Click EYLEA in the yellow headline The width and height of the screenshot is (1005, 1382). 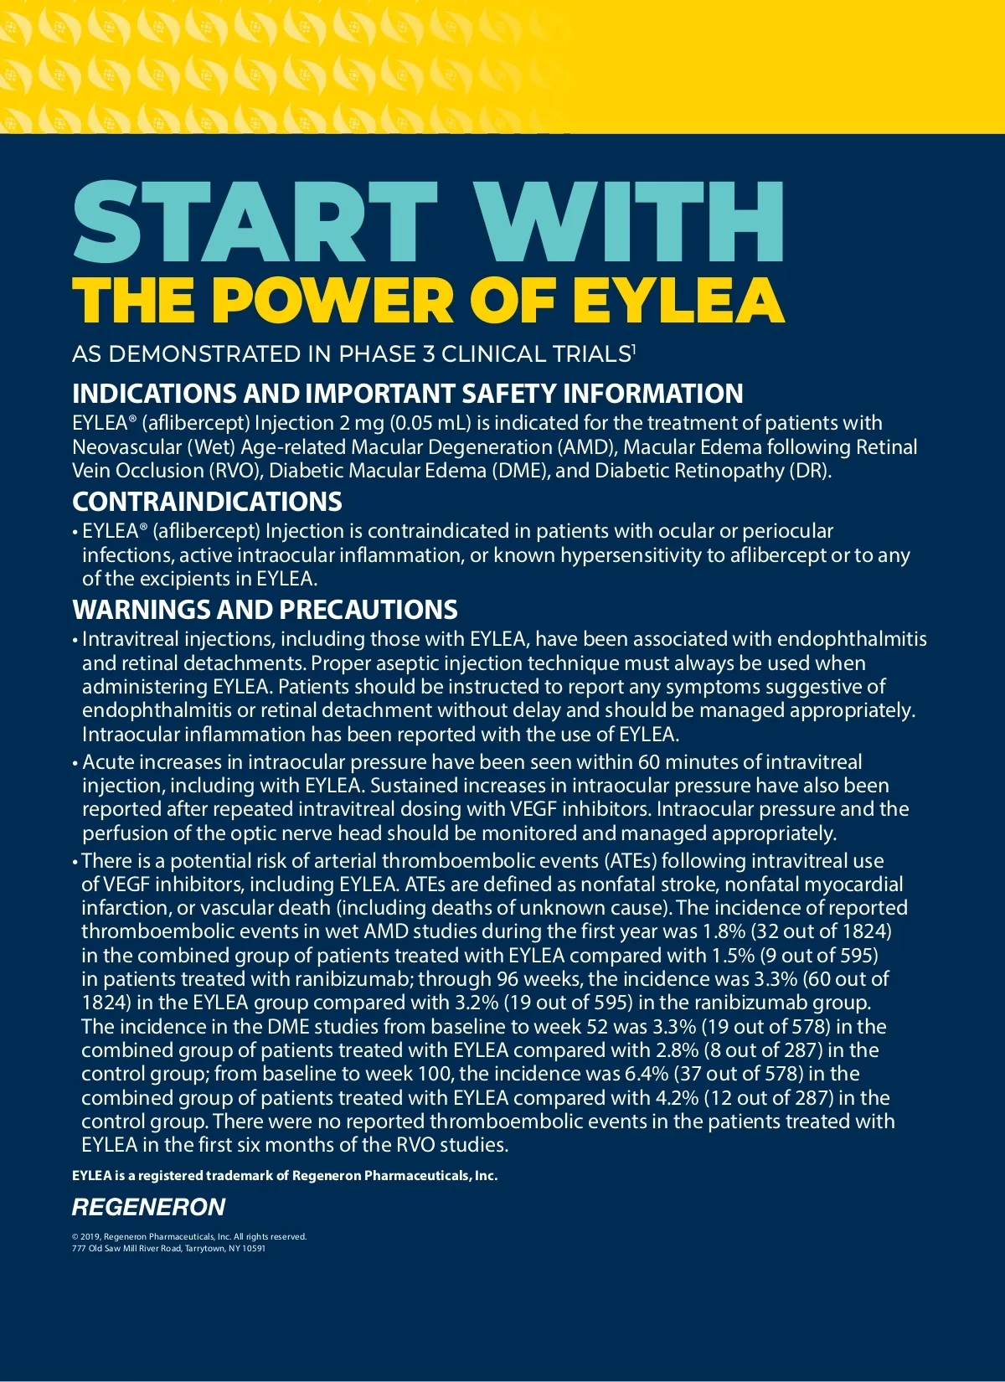[x=679, y=300]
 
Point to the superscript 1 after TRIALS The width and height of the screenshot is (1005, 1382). [x=634, y=348]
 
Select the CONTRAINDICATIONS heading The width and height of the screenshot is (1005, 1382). [x=207, y=502]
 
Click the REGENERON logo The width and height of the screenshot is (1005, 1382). [x=148, y=1207]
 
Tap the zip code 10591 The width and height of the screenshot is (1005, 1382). [x=253, y=1248]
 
